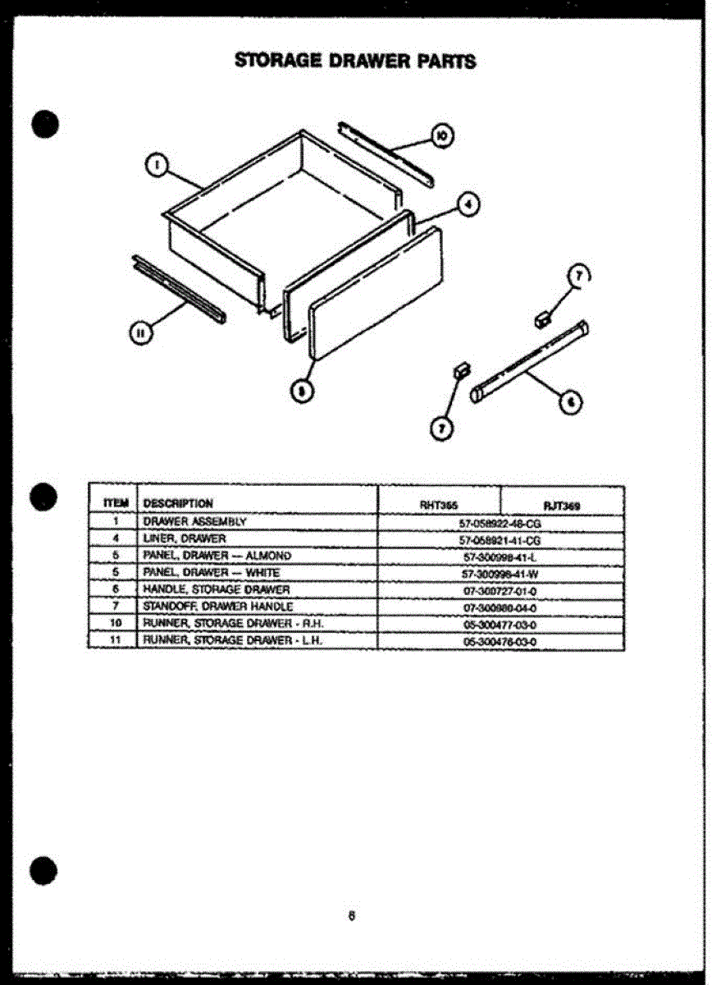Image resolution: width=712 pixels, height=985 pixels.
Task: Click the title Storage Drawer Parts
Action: (x=355, y=61)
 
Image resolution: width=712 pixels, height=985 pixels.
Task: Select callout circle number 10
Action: (x=441, y=135)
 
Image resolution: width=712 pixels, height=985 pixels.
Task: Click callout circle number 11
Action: (x=140, y=332)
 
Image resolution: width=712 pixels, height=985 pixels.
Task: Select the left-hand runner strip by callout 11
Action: (x=177, y=288)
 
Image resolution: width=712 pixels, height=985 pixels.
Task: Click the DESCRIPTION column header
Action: (x=178, y=503)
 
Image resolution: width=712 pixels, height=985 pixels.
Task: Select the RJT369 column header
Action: (x=562, y=506)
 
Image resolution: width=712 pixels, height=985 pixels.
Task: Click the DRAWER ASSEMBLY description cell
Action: (x=194, y=521)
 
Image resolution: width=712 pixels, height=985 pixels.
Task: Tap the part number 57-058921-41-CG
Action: (x=500, y=539)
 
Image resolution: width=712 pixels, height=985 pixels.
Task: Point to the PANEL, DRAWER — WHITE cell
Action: (x=211, y=572)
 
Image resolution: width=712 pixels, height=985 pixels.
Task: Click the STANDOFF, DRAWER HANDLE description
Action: (x=217, y=607)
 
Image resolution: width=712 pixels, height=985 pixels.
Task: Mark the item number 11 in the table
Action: (x=117, y=640)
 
